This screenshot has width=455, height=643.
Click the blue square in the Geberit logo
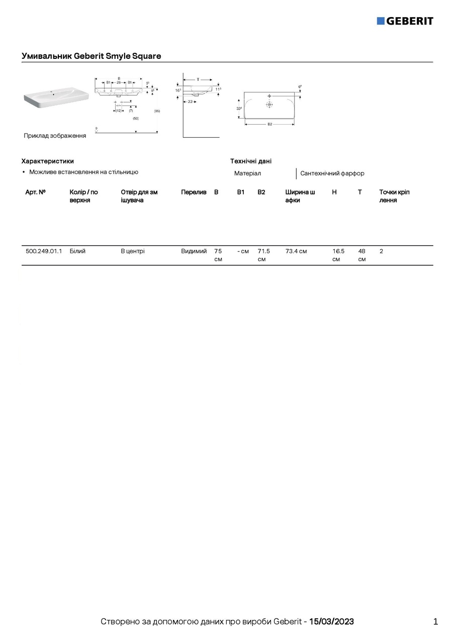[381, 21]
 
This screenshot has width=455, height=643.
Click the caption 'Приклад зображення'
[55, 136]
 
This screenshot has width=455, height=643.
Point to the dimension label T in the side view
[198, 79]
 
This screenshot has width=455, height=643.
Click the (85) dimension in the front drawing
[157, 111]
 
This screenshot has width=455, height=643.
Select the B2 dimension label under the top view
[269, 124]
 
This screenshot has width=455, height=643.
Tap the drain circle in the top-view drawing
[269, 104]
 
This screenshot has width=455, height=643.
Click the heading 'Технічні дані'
[251, 161]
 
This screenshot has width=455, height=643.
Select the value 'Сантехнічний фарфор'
[332, 173]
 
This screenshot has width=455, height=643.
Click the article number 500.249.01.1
[44, 251]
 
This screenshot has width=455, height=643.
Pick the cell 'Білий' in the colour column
[77, 251]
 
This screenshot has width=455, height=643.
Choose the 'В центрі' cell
[133, 251]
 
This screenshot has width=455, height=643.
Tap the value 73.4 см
[296, 251]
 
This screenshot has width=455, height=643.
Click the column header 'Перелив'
[194, 192]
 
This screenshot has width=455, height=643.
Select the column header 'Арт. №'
[36, 192]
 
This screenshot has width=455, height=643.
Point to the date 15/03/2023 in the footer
[331, 622]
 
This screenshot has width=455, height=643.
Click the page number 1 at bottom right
[435, 622]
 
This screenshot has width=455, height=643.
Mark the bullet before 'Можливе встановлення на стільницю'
[24, 172]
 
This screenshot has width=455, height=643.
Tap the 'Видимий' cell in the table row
[194, 251]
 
